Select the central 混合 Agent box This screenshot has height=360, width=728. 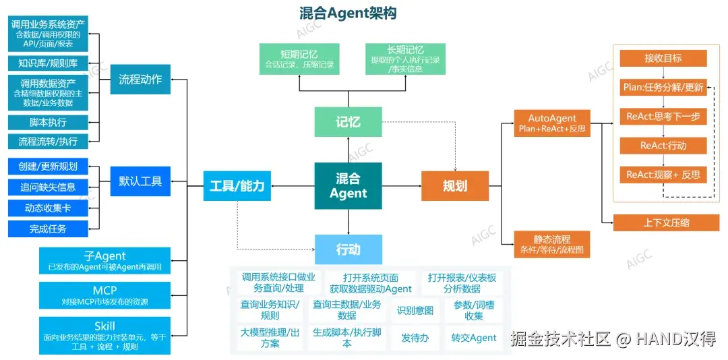(x=348, y=185)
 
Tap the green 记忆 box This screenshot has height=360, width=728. (x=348, y=122)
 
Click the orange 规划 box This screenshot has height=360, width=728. (x=455, y=185)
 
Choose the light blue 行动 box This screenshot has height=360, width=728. (x=348, y=249)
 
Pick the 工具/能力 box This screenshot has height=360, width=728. (x=237, y=186)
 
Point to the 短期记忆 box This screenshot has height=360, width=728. (x=299, y=59)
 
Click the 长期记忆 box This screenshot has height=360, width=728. (x=405, y=59)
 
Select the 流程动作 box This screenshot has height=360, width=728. (x=140, y=79)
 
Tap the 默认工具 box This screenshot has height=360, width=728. (x=140, y=181)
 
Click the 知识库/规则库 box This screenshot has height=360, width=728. (x=48, y=63)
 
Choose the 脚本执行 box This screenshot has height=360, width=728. (x=48, y=122)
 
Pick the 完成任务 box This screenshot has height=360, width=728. (x=48, y=229)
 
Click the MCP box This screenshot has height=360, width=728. (x=104, y=295)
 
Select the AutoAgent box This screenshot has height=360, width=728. (x=552, y=122)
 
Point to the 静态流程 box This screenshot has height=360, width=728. (x=552, y=244)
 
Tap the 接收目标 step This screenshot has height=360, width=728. (x=663, y=58)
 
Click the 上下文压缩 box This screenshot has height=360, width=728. (x=666, y=222)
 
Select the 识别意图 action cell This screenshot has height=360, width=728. (x=415, y=310)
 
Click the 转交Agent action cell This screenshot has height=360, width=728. (x=473, y=338)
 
